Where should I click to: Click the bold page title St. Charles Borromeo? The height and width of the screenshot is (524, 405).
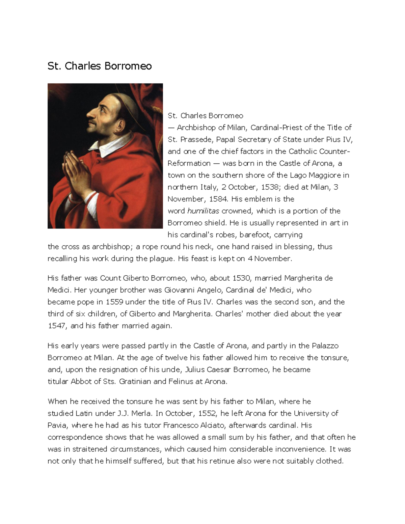click(x=100, y=66)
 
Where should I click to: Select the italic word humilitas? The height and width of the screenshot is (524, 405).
click(x=203, y=211)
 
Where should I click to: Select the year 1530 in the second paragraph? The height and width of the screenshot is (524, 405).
click(x=241, y=278)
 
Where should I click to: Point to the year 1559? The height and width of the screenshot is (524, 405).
click(x=114, y=302)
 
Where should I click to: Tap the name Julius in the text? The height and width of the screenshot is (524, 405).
click(x=194, y=370)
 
